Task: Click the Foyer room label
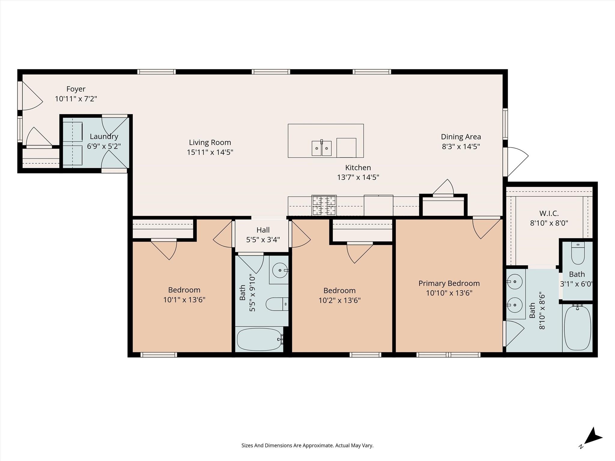pyautogui.click(x=76, y=89)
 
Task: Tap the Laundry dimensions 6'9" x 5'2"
pyautogui.click(x=104, y=146)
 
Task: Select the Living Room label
pyautogui.click(x=210, y=142)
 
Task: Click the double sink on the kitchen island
pyautogui.click(x=321, y=148)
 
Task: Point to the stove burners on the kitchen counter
pyautogui.click(x=324, y=205)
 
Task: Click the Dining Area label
pyautogui.click(x=461, y=137)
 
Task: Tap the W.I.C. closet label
pyautogui.click(x=549, y=213)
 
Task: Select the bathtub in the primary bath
pyautogui.click(x=577, y=328)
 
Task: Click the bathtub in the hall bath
pyautogui.click(x=259, y=339)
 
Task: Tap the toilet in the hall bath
pyautogui.click(x=277, y=304)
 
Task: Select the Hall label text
pyautogui.click(x=263, y=230)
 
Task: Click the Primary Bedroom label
pyautogui.click(x=449, y=283)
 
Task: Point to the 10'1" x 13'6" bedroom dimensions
pyautogui.click(x=184, y=300)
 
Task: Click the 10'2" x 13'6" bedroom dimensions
pyautogui.click(x=339, y=300)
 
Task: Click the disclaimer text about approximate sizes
pyautogui.click(x=307, y=445)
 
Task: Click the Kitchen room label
pyautogui.click(x=358, y=167)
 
